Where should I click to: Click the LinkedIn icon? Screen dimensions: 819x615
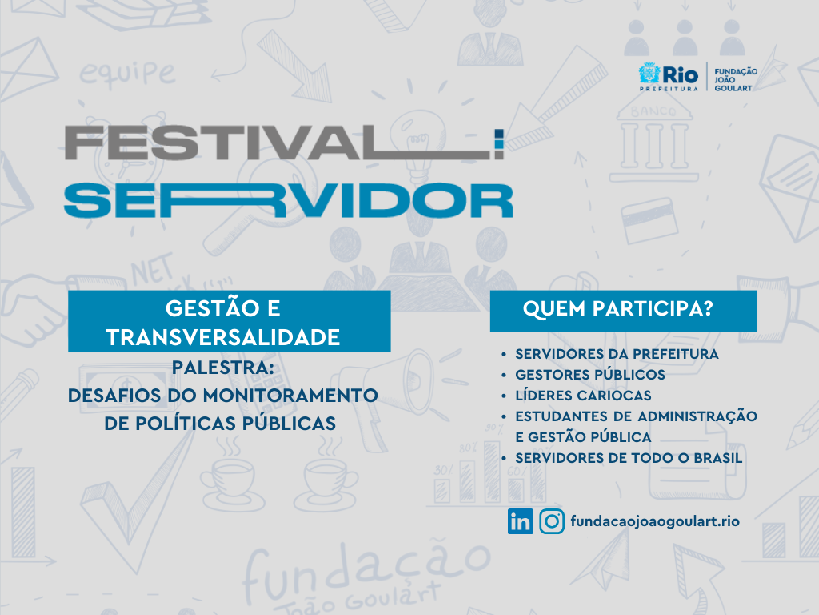[520, 521]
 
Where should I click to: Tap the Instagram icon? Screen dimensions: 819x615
[552, 521]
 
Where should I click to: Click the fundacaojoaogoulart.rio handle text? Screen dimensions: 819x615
[655, 521]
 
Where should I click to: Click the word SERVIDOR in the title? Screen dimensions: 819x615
[288, 200]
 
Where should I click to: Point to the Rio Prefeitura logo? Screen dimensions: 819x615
[669, 77]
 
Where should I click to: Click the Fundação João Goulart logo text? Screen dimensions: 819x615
[736, 79]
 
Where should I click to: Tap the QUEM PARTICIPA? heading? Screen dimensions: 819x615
[618, 308]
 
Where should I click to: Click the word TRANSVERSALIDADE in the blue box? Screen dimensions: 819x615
[223, 337]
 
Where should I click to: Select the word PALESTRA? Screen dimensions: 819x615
[223, 368]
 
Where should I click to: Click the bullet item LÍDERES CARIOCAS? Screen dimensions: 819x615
[583, 396]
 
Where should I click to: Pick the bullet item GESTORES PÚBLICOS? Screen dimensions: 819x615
[590, 375]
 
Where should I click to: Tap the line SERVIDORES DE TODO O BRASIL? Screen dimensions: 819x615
[629, 458]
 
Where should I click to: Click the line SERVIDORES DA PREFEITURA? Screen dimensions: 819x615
[617, 354]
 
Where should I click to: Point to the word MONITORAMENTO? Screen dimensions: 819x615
[290, 396]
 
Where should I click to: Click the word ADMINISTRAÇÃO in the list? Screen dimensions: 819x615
[697, 416]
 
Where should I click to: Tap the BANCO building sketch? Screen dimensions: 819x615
[654, 138]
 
